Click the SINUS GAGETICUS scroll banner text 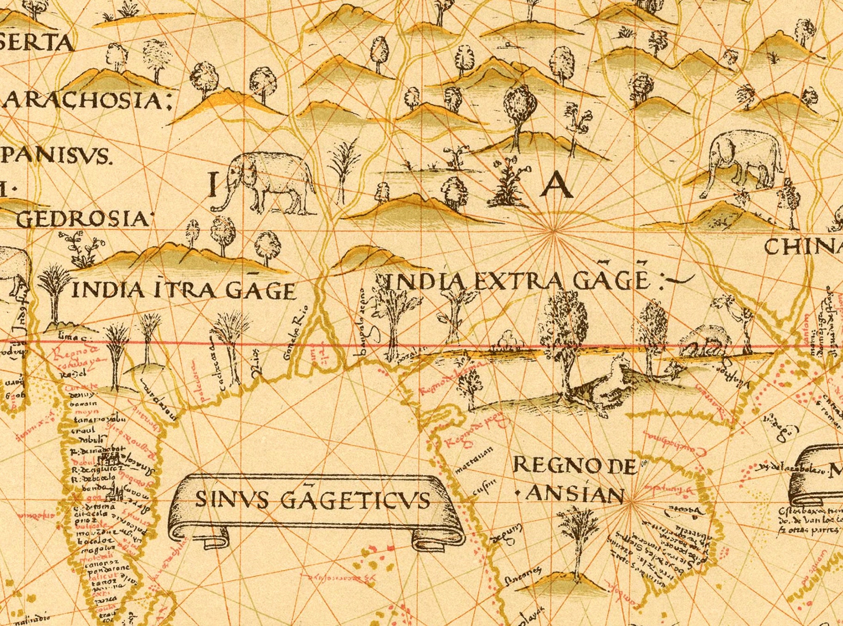click(x=312, y=500)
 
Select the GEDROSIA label click(x=83, y=218)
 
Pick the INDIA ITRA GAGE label click(x=183, y=290)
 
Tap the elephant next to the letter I click(x=268, y=182)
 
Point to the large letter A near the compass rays click(x=558, y=185)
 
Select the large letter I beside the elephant click(x=213, y=184)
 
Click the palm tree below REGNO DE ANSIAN click(x=577, y=540)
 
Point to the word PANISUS click(x=55, y=156)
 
